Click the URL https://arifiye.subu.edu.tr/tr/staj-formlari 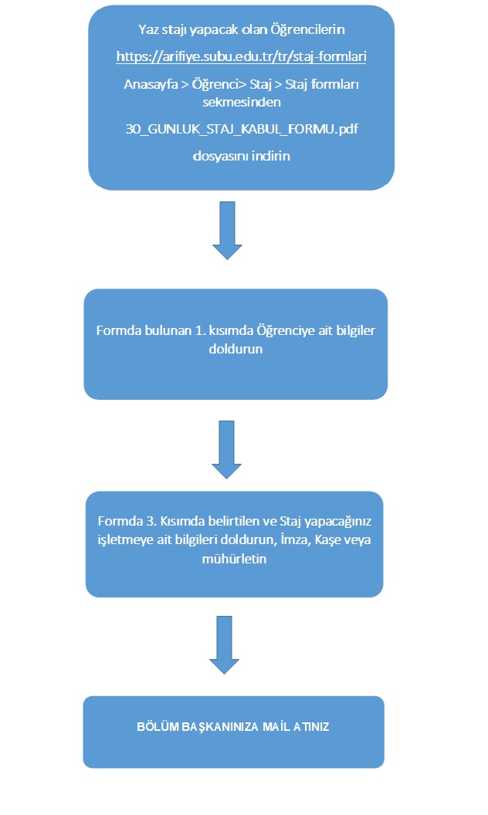(x=242, y=56)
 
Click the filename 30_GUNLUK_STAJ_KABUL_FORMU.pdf (x=242, y=129)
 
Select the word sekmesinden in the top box (x=242, y=102)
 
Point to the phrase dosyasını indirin (x=242, y=156)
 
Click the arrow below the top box (x=227, y=230)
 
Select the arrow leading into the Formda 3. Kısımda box (x=226, y=450)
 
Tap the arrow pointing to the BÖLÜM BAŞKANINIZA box (x=224, y=645)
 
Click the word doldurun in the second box (x=236, y=349)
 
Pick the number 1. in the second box (x=200, y=330)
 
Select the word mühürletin (x=234, y=559)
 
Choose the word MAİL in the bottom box (x=276, y=727)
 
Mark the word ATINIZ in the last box (x=311, y=727)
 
